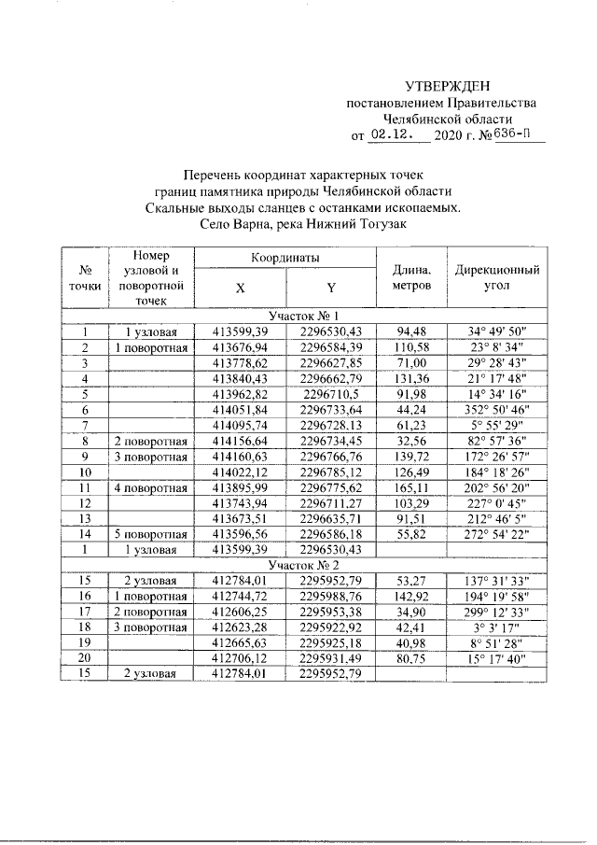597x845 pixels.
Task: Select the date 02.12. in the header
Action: pyautogui.click(x=392, y=134)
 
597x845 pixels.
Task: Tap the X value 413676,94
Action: pyautogui.click(x=241, y=347)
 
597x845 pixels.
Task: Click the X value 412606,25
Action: pyautogui.click(x=241, y=586)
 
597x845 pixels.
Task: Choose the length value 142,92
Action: pyautogui.click(x=411, y=570)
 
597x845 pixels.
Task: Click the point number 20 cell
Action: pyautogui.click(x=85, y=635)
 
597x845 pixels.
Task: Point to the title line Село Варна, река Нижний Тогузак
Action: pyautogui.click(x=304, y=224)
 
